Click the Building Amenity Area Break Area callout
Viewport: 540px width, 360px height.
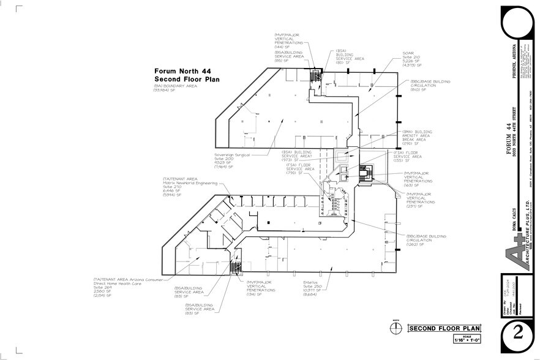(417, 137)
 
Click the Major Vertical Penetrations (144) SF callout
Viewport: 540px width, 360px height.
(290, 40)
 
